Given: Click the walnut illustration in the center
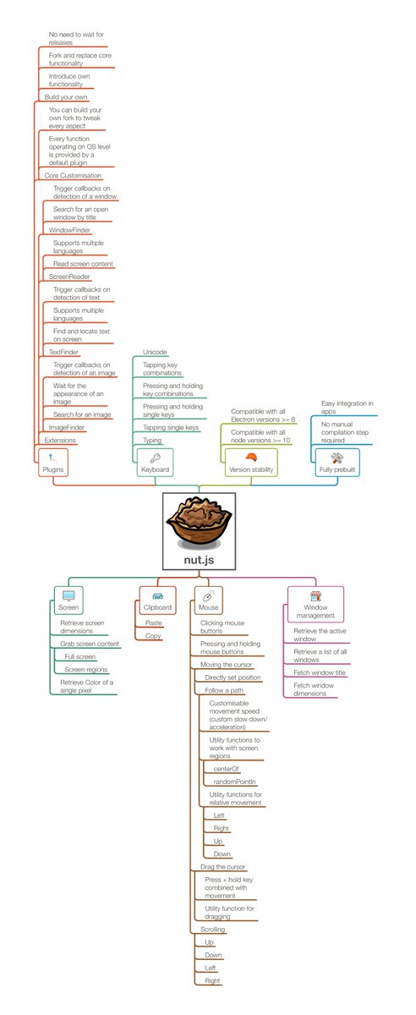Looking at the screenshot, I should pyautogui.click(x=200, y=525).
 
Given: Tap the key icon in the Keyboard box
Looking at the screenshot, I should pyautogui.click(x=155, y=457).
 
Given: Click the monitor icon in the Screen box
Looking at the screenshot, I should pyautogui.click(x=68, y=595).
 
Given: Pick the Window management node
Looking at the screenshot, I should pyautogui.click(x=315, y=605).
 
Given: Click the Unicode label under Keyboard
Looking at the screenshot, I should pyautogui.click(x=155, y=351).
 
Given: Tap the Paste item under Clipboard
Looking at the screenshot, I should pyautogui.click(x=153, y=623).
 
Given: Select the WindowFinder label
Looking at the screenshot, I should pyautogui.click(x=69, y=229).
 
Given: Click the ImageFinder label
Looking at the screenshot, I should pyautogui.click(x=67, y=428).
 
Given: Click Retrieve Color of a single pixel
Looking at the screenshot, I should pyautogui.click(x=86, y=686).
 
